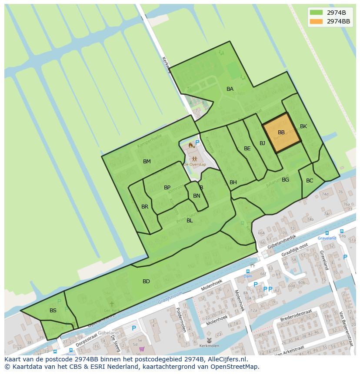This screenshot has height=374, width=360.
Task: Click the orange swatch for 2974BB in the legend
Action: (316, 21)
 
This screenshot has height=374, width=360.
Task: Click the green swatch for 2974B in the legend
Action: (316, 12)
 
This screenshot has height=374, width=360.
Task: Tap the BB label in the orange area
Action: (281, 132)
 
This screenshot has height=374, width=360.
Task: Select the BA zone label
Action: (230, 89)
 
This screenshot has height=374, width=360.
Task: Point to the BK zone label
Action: (303, 126)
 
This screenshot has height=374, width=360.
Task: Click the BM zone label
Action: (147, 162)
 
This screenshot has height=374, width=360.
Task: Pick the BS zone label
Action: (53, 311)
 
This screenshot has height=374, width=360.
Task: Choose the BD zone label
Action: (146, 281)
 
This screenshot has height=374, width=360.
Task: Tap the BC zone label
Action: (310, 181)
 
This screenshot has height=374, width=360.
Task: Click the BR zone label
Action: (145, 207)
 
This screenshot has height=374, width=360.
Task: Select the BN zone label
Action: (197, 196)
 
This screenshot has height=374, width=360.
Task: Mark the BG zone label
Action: (285, 180)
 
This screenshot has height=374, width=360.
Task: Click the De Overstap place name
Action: (194, 165)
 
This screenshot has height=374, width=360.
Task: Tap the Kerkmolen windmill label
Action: (210, 346)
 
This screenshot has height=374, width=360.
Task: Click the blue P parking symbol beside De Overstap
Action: (197, 142)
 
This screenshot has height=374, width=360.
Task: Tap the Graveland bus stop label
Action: (327, 238)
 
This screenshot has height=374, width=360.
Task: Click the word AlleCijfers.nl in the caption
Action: (226, 360)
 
